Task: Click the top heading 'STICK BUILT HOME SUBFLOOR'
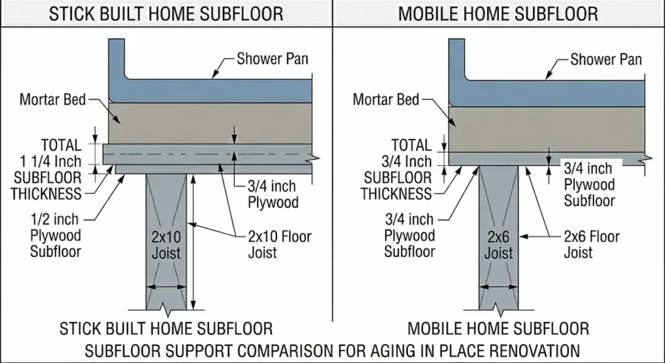coord(166,14)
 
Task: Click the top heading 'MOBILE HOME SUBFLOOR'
coord(499,14)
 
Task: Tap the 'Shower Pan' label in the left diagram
coord(272,59)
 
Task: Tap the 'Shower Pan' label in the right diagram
coord(605,60)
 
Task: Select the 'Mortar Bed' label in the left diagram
coord(53,100)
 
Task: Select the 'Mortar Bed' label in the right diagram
coord(386,100)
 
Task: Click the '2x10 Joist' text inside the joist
coord(166,244)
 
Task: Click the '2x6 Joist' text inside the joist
coord(499,244)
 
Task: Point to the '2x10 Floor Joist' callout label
coord(280,244)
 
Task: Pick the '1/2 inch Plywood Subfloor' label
coord(56,234)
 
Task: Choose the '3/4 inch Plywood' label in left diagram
coord(273,194)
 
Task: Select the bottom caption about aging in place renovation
coord(332,351)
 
